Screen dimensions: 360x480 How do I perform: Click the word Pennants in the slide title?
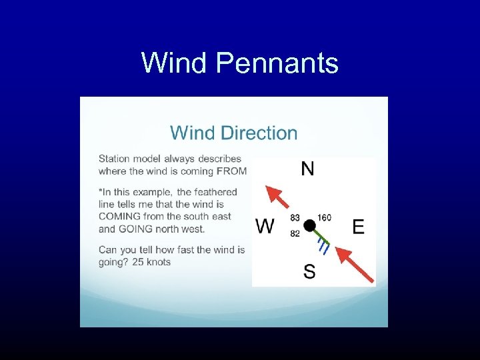(x=278, y=64)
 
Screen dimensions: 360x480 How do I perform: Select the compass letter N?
(x=307, y=169)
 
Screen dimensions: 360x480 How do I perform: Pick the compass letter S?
(x=309, y=271)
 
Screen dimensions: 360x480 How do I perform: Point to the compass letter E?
(x=358, y=227)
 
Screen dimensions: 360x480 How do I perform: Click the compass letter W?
(x=265, y=227)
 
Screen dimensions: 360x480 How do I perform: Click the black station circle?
(x=309, y=225)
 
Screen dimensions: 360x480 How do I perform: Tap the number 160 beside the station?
(x=324, y=217)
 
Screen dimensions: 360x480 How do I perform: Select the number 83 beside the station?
(x=295, y=217)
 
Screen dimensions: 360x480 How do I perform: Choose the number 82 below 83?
(x=295, y=233)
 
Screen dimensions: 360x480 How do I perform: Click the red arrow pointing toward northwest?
(x=277, y=197)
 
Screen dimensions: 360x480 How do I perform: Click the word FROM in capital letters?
(x=232, y=171)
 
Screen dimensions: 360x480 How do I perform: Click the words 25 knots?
(x=151, y=262)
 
